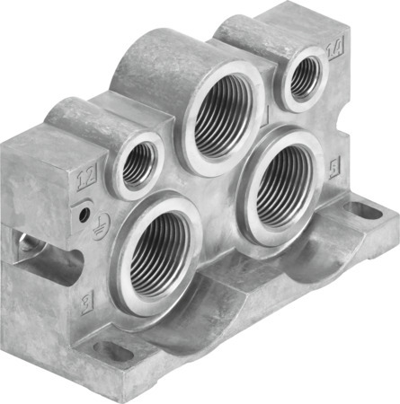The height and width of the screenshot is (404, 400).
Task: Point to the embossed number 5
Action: (x=334, y=168)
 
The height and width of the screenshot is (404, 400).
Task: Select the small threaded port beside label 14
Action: (x=303, y=78)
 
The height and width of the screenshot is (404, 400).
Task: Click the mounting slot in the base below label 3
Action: (x=114, y=351)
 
